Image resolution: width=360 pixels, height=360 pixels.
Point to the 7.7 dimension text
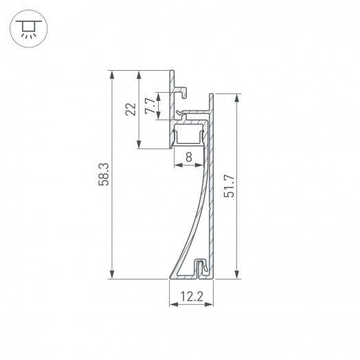pyautogui.click(x=149, y=106)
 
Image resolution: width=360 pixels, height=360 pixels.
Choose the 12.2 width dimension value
pyautogui.click(x=192, y=297)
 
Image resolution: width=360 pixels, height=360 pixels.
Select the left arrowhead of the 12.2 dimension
pyautogui.click(x=172, y=307)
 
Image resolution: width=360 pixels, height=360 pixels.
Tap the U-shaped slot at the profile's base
pyautogui.click(x=200, y=268)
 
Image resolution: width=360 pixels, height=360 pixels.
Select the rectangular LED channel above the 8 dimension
pyautogui.click(x=189, y=135)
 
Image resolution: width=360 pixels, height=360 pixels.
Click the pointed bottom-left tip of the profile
pyautogui.click(x=171, y=278)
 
